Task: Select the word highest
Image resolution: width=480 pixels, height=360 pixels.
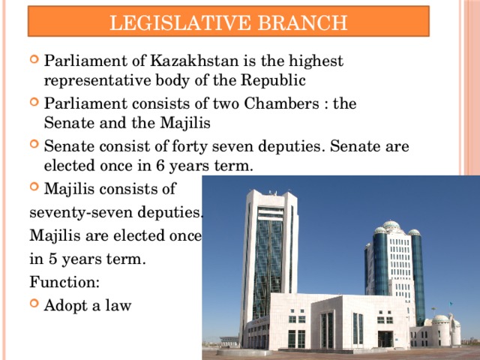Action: pos(314,61)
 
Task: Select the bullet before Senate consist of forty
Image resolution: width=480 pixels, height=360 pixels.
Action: pos(34,148)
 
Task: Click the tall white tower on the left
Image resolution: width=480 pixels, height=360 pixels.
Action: pos(268,255)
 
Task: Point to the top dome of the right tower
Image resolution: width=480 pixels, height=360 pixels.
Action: pos(391,224)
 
